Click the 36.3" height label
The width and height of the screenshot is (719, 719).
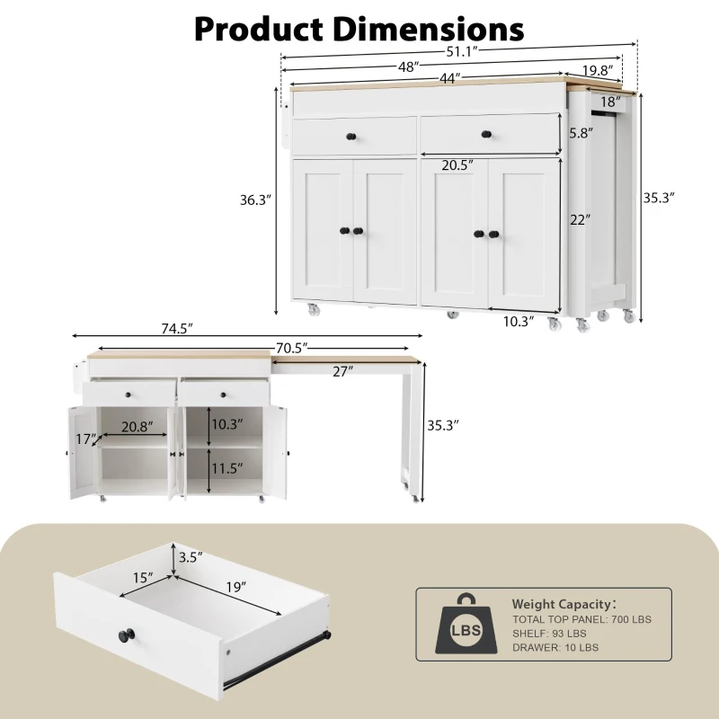click(255, 200)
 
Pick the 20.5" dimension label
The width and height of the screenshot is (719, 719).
click(457, 165)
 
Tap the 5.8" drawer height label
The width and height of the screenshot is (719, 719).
click(581, 131)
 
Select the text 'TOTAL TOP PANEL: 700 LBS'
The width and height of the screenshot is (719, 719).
click(581, 619)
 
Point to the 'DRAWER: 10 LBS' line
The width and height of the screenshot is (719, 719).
click(557, 647)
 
